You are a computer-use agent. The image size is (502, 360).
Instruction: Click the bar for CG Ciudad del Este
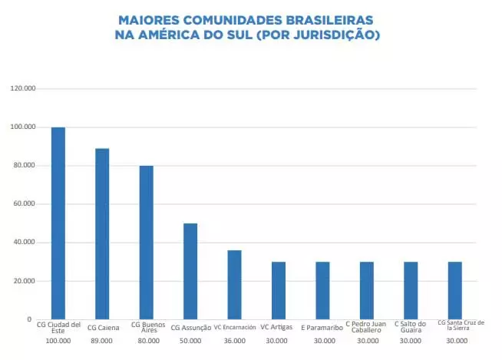[58, 223]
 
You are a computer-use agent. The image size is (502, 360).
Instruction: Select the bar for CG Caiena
[102, 233]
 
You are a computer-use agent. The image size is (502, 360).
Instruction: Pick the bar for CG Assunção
[190, 271]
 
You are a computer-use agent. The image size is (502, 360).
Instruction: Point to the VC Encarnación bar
[234, 284]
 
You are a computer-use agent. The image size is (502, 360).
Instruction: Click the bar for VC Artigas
[278, 290]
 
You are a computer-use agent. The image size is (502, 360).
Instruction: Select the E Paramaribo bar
[322, 290]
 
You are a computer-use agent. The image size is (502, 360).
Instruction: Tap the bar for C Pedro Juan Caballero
[366, 290]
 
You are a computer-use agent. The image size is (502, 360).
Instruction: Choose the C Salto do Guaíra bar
[410, 290]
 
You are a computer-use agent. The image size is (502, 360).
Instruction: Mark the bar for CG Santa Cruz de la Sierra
[454, 290]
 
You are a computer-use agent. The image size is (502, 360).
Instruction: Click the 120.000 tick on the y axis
[23, 88]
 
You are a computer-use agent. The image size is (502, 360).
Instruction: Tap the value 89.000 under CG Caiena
[102, 340]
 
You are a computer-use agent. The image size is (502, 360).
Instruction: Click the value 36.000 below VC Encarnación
[234, 340]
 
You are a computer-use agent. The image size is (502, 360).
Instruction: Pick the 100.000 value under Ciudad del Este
[58, 340]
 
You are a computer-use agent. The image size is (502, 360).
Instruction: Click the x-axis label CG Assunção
[190, 328]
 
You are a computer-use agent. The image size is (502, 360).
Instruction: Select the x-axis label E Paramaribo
[322, 328]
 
